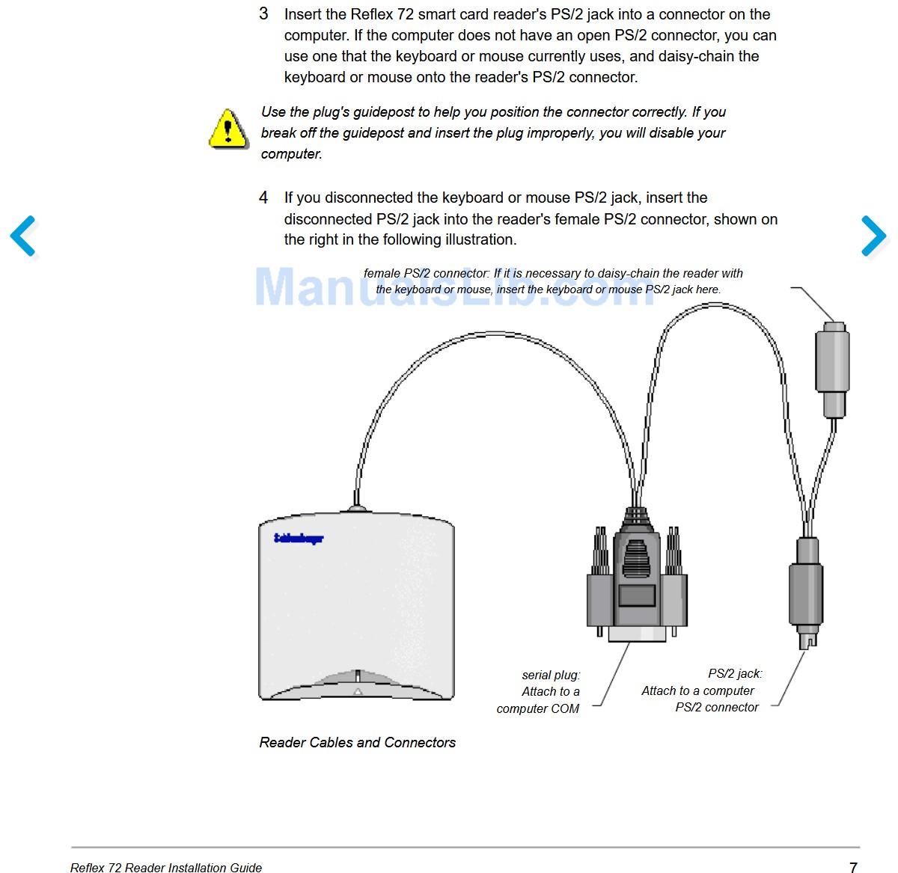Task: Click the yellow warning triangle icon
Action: click(228, 129)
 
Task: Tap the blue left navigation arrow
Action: click(24, 236)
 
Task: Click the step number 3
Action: click(263, 14)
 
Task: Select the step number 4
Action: click(263, 197)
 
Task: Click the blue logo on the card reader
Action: click(299, 538)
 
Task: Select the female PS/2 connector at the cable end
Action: click(832, 367)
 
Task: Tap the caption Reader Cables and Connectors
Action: click(357, 742)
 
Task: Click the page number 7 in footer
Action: click(853, 867)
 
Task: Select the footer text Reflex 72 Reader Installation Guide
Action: click(166, 868)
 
